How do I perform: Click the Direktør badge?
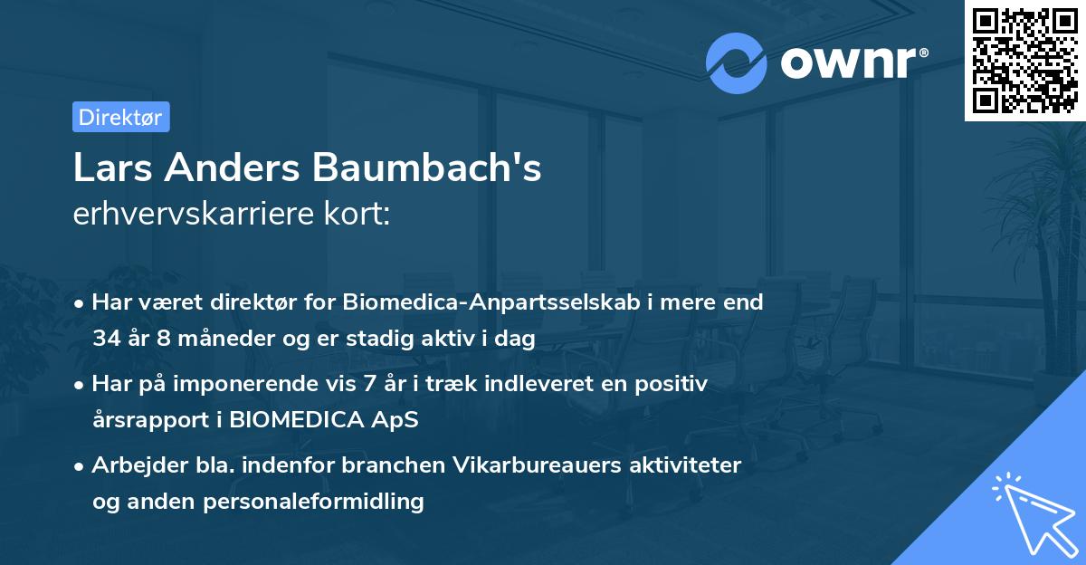tap(120, 117)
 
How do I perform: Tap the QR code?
tap(1024, 61)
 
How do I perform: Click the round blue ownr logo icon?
tap(737, 63)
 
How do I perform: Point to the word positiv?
tap(672, 383)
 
